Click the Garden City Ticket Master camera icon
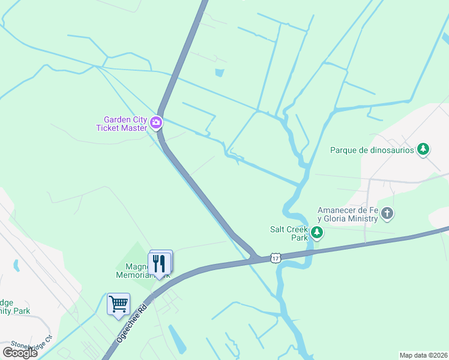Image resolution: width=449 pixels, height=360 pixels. (156, 123)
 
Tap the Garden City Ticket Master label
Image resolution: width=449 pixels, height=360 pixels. (121, 124)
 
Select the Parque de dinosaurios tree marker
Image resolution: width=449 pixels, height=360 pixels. (423, 149)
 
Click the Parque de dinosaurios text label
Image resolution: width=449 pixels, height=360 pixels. (372, 150)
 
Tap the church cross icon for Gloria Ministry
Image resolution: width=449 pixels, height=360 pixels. (387, 214)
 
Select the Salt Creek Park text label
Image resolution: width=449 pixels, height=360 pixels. (289, 233)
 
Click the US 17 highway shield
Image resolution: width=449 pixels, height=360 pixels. (275, 257)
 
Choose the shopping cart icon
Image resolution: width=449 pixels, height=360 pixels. (118, 304)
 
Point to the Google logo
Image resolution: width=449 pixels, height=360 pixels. (20, 353)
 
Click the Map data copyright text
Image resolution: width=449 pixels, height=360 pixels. (423, 355)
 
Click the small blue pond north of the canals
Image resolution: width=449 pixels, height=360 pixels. (220, 73)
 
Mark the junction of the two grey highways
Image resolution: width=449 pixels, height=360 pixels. (256, 258)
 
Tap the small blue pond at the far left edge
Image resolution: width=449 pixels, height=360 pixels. (16, 265)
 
